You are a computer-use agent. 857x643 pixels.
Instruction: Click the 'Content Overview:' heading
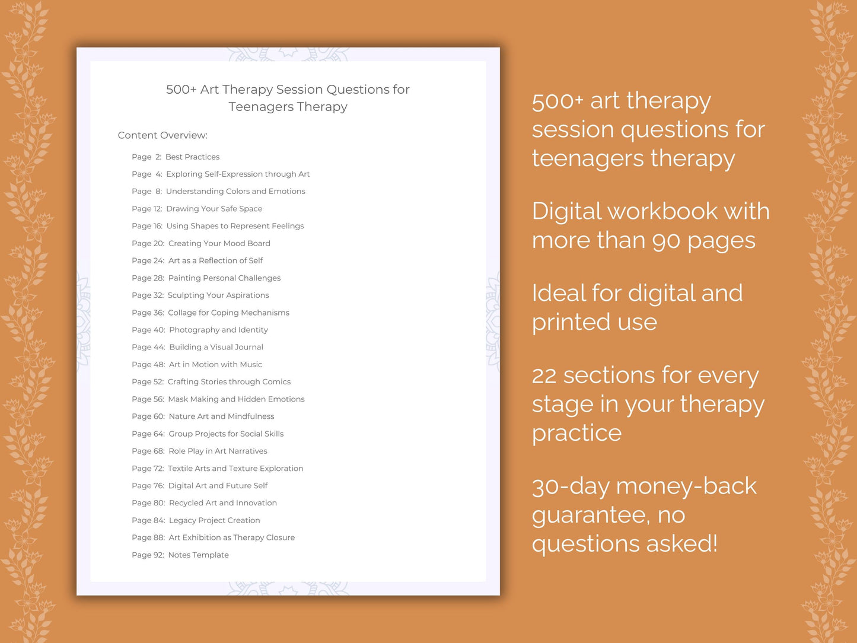[x=163, y=135]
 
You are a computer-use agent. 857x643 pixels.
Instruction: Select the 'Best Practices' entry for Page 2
[x=192, y=157]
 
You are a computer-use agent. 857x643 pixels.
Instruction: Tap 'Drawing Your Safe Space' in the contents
[x=214, y=209]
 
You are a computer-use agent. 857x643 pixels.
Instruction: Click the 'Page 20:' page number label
[x=148, y=243]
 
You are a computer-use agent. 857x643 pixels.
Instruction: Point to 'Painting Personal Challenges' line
[x=224, y=278]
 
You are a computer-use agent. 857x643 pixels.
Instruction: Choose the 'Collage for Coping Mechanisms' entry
[x=228, y=313]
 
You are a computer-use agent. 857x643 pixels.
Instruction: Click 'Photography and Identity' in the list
[x=218, y=330]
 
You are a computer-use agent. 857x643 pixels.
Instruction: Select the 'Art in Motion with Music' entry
[x=215, y=364]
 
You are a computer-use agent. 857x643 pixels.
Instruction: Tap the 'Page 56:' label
[x=148, y=399]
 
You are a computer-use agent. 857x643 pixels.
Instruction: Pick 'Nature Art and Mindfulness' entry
[x=221, y=416]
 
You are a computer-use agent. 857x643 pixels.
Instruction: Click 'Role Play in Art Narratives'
[x=218, y=451]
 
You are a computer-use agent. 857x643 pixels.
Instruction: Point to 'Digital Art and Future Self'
[x=218, y=485]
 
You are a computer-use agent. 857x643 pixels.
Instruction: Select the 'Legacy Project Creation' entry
[x=214, y=520]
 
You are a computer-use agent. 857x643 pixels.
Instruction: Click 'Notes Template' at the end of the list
[x=198, y=555]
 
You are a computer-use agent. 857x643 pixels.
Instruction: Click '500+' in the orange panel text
[x=557, y=101]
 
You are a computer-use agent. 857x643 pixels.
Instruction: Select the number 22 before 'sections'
[x=544, y=376]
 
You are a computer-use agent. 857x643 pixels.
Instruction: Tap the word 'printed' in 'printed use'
[x=571, y=322]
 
